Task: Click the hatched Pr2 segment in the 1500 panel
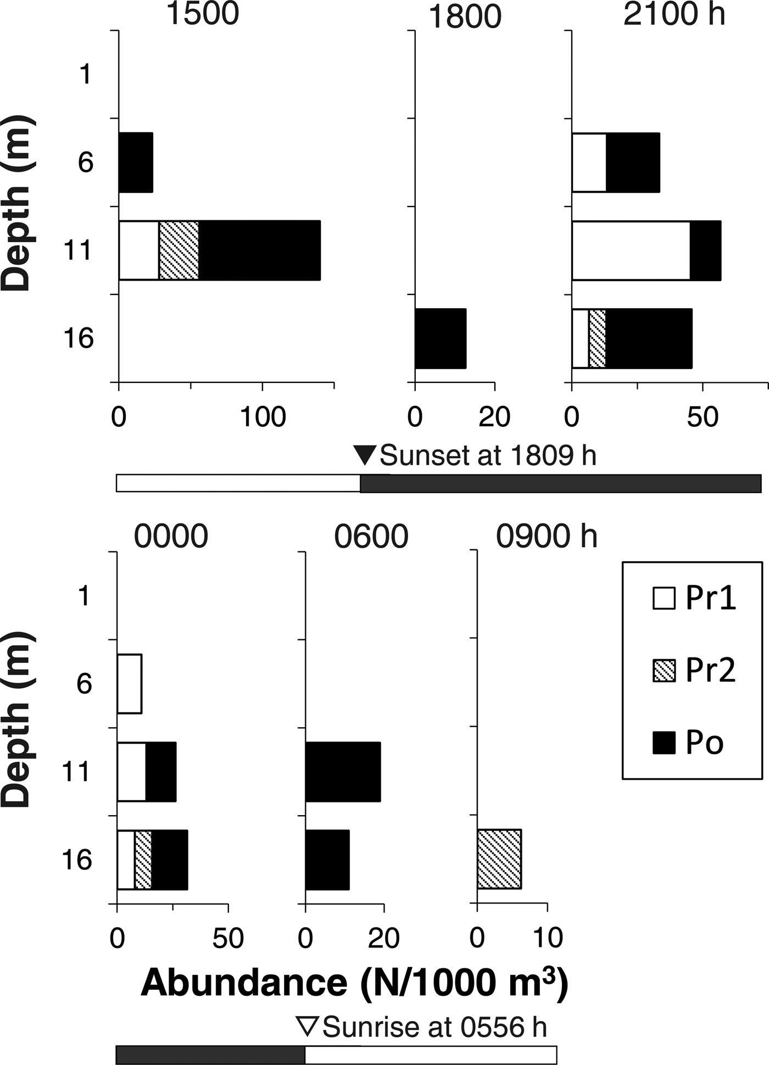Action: coord(179,250)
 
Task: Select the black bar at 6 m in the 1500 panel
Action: coord(136,163)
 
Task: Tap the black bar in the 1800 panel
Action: coord(441,338)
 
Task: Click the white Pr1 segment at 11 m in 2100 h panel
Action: coord(631,250)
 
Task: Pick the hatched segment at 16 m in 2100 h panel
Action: coord(597,338)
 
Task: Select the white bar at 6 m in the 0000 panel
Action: coord(130,684)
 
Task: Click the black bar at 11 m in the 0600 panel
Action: coord(343,772)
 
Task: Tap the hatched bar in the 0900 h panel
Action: coord(499,859)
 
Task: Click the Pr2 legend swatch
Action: coord(664,671)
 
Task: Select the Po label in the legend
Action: coord(705,743)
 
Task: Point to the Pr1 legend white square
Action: coord(664,598)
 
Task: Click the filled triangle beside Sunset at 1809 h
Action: coord(365,455)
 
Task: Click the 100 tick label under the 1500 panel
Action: coord(263,417)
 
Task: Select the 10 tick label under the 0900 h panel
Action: coord(547,938)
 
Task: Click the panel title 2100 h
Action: coord(674,15)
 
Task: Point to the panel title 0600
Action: coord(371,536)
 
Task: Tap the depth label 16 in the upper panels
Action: coord(78,337)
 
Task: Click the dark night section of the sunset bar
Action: coord(560,483)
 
